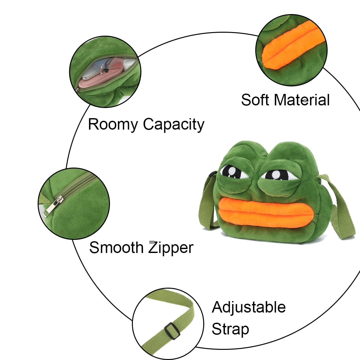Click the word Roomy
click(113, 125)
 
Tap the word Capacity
click(173, 125)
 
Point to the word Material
click(302, 100)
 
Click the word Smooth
click(116, 247)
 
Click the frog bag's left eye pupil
click(231, 172)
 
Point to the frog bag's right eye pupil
click(276, 175)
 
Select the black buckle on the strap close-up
click(172, 331)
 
